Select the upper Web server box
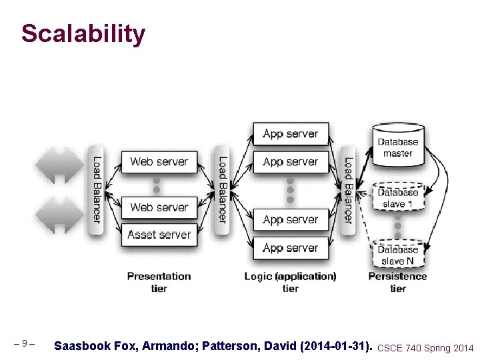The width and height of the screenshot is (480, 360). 159,161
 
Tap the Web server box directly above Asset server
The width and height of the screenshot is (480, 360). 159,207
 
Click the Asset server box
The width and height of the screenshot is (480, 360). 159,235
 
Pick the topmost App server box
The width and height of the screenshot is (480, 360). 290,134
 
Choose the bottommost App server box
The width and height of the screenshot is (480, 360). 290,248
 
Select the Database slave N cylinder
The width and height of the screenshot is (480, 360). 398,254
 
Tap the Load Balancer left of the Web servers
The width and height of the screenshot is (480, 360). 97,189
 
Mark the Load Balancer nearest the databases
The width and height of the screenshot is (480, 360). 347,189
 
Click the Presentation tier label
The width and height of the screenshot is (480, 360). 159,282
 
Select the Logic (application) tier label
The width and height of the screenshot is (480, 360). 290,282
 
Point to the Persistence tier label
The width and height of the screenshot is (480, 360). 398,282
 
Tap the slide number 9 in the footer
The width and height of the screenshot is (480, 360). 24,344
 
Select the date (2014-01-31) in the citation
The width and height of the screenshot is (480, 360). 336,347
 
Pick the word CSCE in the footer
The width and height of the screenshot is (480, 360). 390,348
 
